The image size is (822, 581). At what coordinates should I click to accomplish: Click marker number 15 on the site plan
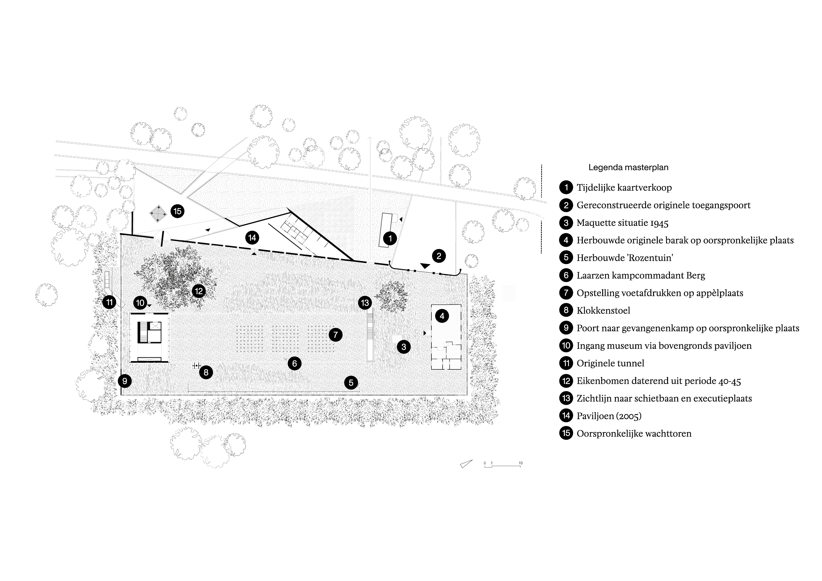178,211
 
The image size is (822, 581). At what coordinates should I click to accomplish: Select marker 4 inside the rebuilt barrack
442,316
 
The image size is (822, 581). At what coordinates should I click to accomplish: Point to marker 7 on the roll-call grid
336,335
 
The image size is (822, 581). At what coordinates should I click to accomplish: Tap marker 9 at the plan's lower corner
125,381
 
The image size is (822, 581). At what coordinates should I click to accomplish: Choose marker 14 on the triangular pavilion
252,238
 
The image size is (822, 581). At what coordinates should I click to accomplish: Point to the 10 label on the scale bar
521,463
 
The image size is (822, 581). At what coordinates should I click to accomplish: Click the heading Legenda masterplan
628,168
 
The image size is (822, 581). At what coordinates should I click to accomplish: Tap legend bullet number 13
566,399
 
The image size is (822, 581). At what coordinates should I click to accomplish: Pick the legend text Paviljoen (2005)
609,416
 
